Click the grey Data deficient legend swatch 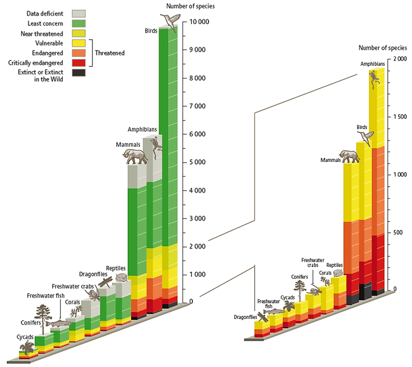click(78, 14)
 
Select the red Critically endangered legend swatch click(78, 63)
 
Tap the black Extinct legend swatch click(78, 73)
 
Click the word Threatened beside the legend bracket click(110, 53)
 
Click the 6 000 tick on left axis click(197, 134)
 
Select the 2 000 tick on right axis click(399, 59)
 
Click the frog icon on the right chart click(374, 78)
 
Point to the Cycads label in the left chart click(25, 337)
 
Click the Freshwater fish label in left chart click(46, 296)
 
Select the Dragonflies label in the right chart click(245, 317)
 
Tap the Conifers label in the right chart click(300, 277)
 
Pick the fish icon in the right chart click(274, 311)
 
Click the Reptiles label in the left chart click(115, 268)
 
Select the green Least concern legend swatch click(78, 23)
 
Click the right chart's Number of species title click(383, 48)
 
